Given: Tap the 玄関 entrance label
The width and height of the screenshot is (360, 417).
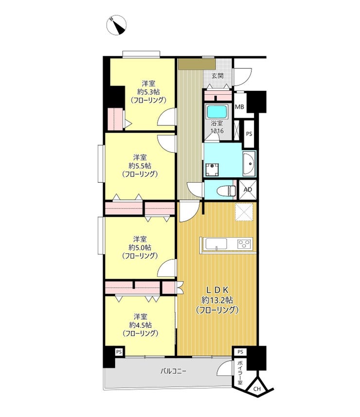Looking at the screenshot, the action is (217, 76).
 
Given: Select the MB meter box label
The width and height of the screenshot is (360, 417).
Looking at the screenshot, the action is (239, 107).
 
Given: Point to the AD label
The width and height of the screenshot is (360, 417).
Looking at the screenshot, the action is (248, 190).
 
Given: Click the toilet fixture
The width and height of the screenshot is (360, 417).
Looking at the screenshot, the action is (226, 191).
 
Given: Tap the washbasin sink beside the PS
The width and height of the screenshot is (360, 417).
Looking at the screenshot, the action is (249, 164).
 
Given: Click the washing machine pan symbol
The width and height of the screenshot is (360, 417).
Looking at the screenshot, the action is (212, 170).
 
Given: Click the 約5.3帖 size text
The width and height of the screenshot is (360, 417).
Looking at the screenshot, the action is (148, 92).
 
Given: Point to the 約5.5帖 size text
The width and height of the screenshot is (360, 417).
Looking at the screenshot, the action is (140, 166).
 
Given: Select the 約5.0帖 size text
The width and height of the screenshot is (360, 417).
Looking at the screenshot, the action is (140, 247).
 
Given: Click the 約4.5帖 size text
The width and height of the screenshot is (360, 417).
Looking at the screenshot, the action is (140, 325).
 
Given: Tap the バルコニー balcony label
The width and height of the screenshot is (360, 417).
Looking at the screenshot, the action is (173, 371).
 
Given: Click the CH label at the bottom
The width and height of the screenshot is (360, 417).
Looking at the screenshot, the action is (257, 389).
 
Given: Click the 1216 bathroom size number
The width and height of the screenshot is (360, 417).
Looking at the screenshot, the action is (217, 131).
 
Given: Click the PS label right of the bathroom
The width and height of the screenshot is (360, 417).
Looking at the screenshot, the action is (249, 134).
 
